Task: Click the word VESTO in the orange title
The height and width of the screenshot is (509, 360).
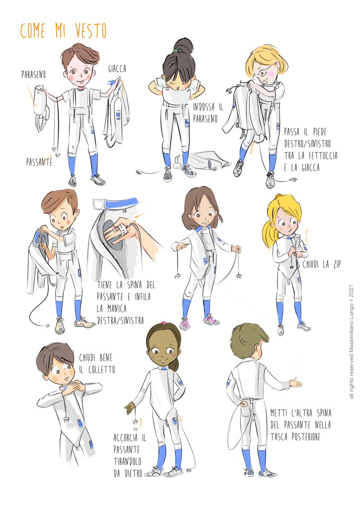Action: (x=91, y=31)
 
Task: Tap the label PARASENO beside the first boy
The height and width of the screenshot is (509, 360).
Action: (x=34, y=75)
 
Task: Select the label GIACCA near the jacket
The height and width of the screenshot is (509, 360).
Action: (x=117, y=69)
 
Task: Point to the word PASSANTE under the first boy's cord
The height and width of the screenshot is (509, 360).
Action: (x=39, y=162)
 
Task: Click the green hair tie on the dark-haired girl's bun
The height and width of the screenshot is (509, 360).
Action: (x=176, y=51)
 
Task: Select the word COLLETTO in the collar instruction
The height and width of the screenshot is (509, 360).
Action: (x=101, y=369)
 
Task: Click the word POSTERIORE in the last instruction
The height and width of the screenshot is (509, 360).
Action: (x=306, y=437)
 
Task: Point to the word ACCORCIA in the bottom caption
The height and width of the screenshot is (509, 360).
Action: (x=126, y=437)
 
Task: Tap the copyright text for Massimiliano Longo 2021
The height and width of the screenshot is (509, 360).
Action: (x=352, y=342)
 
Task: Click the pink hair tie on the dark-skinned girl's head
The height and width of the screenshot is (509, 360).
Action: (x=164, y=323)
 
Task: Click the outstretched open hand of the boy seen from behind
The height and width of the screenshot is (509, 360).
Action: (x=295, y=383)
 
